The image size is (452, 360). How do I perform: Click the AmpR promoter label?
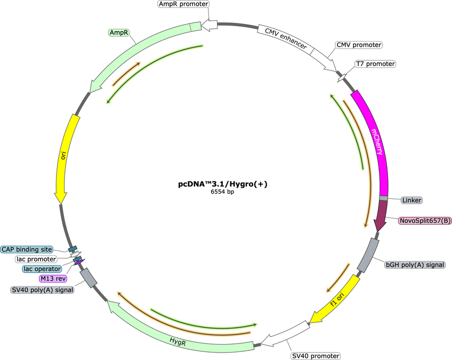pyautogui.click(x=183, y=4)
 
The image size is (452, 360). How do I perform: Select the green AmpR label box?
pyautogui.click(x=119, y=33)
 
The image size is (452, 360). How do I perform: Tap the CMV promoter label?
pyautogui.click(x=359, y=45)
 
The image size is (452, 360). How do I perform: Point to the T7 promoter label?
pyautogui.click(x=375, y=64)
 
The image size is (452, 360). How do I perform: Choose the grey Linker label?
pyautogui.click(x=411, y=200)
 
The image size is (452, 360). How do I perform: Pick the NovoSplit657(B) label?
pyautogui.click(x=425, y=221)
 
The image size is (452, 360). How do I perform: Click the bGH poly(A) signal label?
pyautogui.click(x=415, y=265)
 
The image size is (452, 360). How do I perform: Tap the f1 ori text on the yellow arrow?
pyautogui.click(x=337, y=299)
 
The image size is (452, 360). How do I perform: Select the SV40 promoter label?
pyautogui.click(x=316, y=356)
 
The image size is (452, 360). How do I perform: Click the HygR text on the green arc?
pyautogui.click(x=177, y=342)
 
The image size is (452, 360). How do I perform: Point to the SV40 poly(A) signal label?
pyautogui.click(x=43, y=290)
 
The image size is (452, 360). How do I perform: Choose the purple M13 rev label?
pyautogui.click(x=53, y=278)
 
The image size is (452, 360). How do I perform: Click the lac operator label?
pyautogui.click(x=42, y=269)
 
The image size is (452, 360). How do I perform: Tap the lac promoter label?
pyautogui.click(x=36, y=259)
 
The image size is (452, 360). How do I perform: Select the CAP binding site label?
pyautogui.click(x=27, y=249)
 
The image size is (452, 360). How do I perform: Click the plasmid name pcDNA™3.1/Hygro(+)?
pyautogui.click(x=223, y=184)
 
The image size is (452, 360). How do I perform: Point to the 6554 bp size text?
pyautogui.click(x=222, y=191)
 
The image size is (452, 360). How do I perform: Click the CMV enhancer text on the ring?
pyautogui.click(x=286, y=38)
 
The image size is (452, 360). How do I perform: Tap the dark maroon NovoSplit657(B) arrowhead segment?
pyautogui.click(x=381, y=215)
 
